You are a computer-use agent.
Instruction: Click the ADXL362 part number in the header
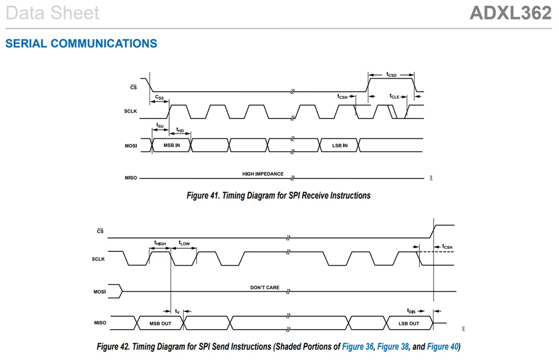pyautogui.click(x=510, y=13)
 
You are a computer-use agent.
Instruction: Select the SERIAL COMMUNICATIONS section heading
pyautogui.click(x=81, y=44)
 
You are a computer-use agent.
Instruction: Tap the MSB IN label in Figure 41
pyautogui.click(x=172, y=145)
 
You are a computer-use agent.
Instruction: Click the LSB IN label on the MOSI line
pyautogui.click(x=340, y=146)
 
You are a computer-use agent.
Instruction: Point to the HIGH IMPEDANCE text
pyautogui.click(x=263, y=174)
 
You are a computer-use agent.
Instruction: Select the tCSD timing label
pyautogui.click(x=392, y=74)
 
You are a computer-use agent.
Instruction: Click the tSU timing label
pyautogui.click(x=159, y=125)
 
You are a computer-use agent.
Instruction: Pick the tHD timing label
pyautogui.click(x=180, y=130)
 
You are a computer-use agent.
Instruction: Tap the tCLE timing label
pyautogui.click(x=394, y=96)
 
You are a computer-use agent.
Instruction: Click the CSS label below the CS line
pyautogui.click(x=159, y=97)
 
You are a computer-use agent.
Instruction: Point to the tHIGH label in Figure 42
pyautogui.click(x=160, y=243)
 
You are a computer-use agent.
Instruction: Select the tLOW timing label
pyautogui.click(x=184, y=243)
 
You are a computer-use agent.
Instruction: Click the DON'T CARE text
pyautogui.click(x=265, y=287)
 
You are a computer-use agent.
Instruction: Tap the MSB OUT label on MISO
pyautogui.click(x=161, y=324)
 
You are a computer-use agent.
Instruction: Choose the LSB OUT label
pyautogui.click(x=408, y=324)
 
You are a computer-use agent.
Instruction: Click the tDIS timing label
pyautogui.click(x=411, y=311)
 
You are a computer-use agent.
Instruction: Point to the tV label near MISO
pyautogui.click(x=177, y=311)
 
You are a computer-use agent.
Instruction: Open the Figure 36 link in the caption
pyautogui.click(x=358, y=347)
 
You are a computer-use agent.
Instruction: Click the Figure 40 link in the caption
pyautogui.click(x=443, y=347)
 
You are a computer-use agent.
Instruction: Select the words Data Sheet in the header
pyautogui.click(x=53, y=13)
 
